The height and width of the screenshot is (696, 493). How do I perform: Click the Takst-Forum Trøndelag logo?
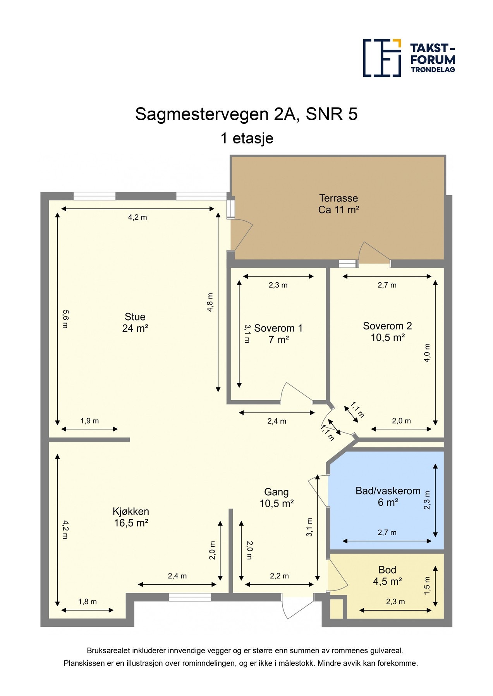pos(409,58)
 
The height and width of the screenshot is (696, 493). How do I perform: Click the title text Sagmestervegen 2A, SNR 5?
pos(246,114)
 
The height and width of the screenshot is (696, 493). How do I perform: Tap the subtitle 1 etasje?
pos(247,138)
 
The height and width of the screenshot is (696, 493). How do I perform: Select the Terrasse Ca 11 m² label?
pos(338,204)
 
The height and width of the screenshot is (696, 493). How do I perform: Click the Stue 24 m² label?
pos(135,322)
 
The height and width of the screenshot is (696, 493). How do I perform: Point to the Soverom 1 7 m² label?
pos(278,334)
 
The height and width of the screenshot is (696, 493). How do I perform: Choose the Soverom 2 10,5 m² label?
pos(387,332)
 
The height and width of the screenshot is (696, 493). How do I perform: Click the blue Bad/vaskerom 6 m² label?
pos(388,496)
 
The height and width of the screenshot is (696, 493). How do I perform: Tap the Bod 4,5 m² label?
pos(387,575)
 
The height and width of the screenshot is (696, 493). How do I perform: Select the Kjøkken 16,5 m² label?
pos(131,517)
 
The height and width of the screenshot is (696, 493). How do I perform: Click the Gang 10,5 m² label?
pos(276,498)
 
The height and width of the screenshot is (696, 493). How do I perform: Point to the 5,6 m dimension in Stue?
pos(65,319)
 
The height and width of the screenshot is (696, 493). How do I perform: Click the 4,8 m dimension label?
pos(210,302)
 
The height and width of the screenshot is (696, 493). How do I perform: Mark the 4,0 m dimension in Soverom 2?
pos(427,353)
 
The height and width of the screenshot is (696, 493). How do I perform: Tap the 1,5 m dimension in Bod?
pos(427,585)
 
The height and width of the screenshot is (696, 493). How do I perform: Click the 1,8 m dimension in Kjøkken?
pos(88,602)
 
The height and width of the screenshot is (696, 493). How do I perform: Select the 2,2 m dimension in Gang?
pos(279,576)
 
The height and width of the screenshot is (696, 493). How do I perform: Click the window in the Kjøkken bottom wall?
pos(190,597)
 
